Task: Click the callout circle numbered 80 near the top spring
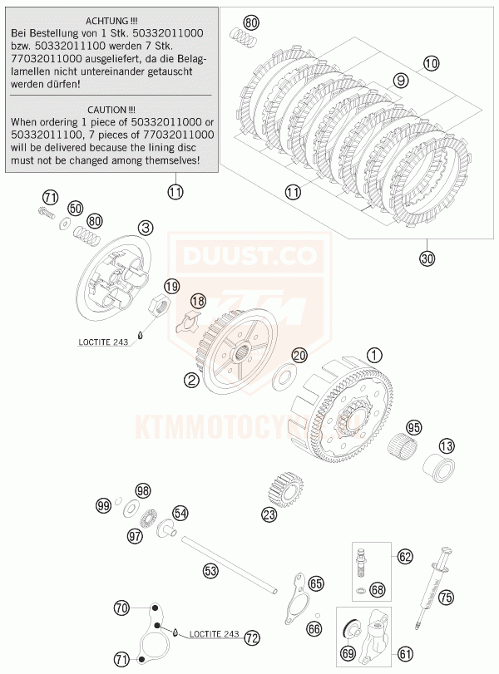click(251, 22)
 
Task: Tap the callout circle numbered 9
click(401, 81)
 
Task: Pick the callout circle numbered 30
click(427, 258)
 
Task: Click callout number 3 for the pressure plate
click(146, 227)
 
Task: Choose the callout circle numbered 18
click(198, 300)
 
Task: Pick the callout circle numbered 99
click(103, 505)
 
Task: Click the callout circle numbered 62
click(405, 557)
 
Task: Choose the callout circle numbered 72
click(251, 637)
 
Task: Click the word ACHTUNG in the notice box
click(111, 19)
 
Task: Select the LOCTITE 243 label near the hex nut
click(103, 342)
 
